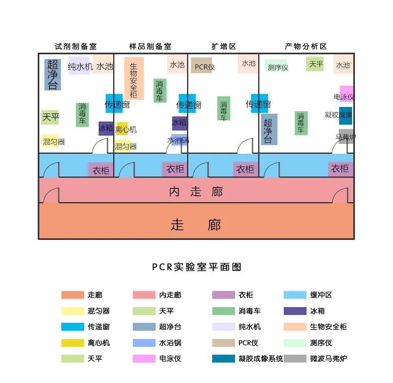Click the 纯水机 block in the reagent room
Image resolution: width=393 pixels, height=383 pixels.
point(79,66)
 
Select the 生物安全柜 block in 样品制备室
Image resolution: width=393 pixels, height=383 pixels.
point(134,78)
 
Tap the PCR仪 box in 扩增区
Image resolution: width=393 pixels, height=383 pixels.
point(202,66)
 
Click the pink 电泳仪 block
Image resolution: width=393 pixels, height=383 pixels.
point(346,94)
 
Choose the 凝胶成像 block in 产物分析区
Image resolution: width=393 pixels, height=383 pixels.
point(345,115)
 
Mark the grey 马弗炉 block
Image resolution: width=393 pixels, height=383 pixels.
point(346,136)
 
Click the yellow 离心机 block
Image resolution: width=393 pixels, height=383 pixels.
point(122,129)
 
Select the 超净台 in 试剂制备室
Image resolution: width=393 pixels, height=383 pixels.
point(53,75)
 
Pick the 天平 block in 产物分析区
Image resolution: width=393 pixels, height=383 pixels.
point(315,64)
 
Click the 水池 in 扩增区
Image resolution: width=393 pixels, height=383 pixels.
point(248,64)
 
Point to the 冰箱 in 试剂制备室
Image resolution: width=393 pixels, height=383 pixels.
point(106,128)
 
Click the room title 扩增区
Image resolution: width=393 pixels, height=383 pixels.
point(224,46)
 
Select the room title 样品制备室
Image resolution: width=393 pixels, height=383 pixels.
point(151,46)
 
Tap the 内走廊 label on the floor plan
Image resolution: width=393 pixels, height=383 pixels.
point(196,191)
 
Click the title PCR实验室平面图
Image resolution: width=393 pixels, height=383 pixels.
point(196,267)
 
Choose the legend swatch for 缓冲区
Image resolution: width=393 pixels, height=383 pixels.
point(295,295)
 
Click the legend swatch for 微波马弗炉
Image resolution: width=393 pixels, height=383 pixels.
point(295,358)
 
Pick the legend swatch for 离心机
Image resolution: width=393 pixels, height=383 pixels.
point(73,342)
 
